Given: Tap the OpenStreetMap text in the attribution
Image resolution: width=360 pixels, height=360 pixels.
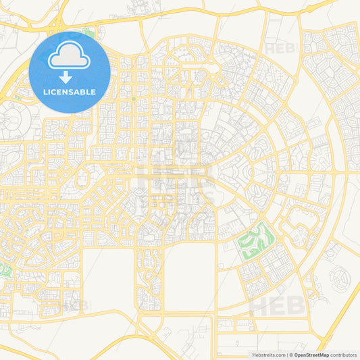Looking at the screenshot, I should pyautogui.click(x=311, y=355).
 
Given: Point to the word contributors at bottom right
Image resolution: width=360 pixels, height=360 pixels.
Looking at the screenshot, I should pyautogui.click(x=344, y=355).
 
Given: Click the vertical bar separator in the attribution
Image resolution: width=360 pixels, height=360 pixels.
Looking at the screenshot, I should pyautogui.click(x=287, y=355).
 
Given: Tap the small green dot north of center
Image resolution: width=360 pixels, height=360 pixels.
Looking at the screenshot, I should pyautogui.click(x=134, y=99).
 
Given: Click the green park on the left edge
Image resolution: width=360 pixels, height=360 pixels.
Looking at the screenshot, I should pyautogui.click(x=5, y=272).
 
